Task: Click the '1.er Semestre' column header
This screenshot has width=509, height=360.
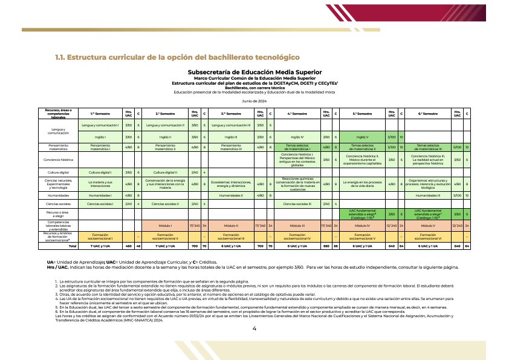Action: pyautogui.click(x=100, y=113)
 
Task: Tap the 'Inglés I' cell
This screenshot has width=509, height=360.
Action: pyautogui.click(x=100, y=137)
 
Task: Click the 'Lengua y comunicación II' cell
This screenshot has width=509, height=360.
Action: pyautogui.click(x=166, y=125)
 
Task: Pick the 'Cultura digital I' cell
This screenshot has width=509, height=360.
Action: pyautogui.click(x=100, y=172)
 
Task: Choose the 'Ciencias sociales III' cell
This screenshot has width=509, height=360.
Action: pyautogui.click(x=297, y=204)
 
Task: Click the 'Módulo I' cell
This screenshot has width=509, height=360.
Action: pyautogui.click(x=166, y=226)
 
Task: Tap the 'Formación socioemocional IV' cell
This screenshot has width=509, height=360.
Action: pyautogui.click(x=297, y=236)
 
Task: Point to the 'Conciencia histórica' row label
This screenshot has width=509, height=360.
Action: pyautogui.click(x=59, y=160)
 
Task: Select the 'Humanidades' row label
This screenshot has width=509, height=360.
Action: pyautogui.click(x=59, y=195)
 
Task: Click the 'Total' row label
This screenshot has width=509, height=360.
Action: pyautogui.click(x=73, y=246)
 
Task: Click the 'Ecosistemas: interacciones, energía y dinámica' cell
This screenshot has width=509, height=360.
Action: pyautogui.click(x=232, y=184)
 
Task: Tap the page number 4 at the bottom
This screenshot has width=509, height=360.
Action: pyautogui.click(x=254, y=329)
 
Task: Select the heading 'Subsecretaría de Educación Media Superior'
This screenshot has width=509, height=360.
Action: pyautogui.click(x=254, y=71)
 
